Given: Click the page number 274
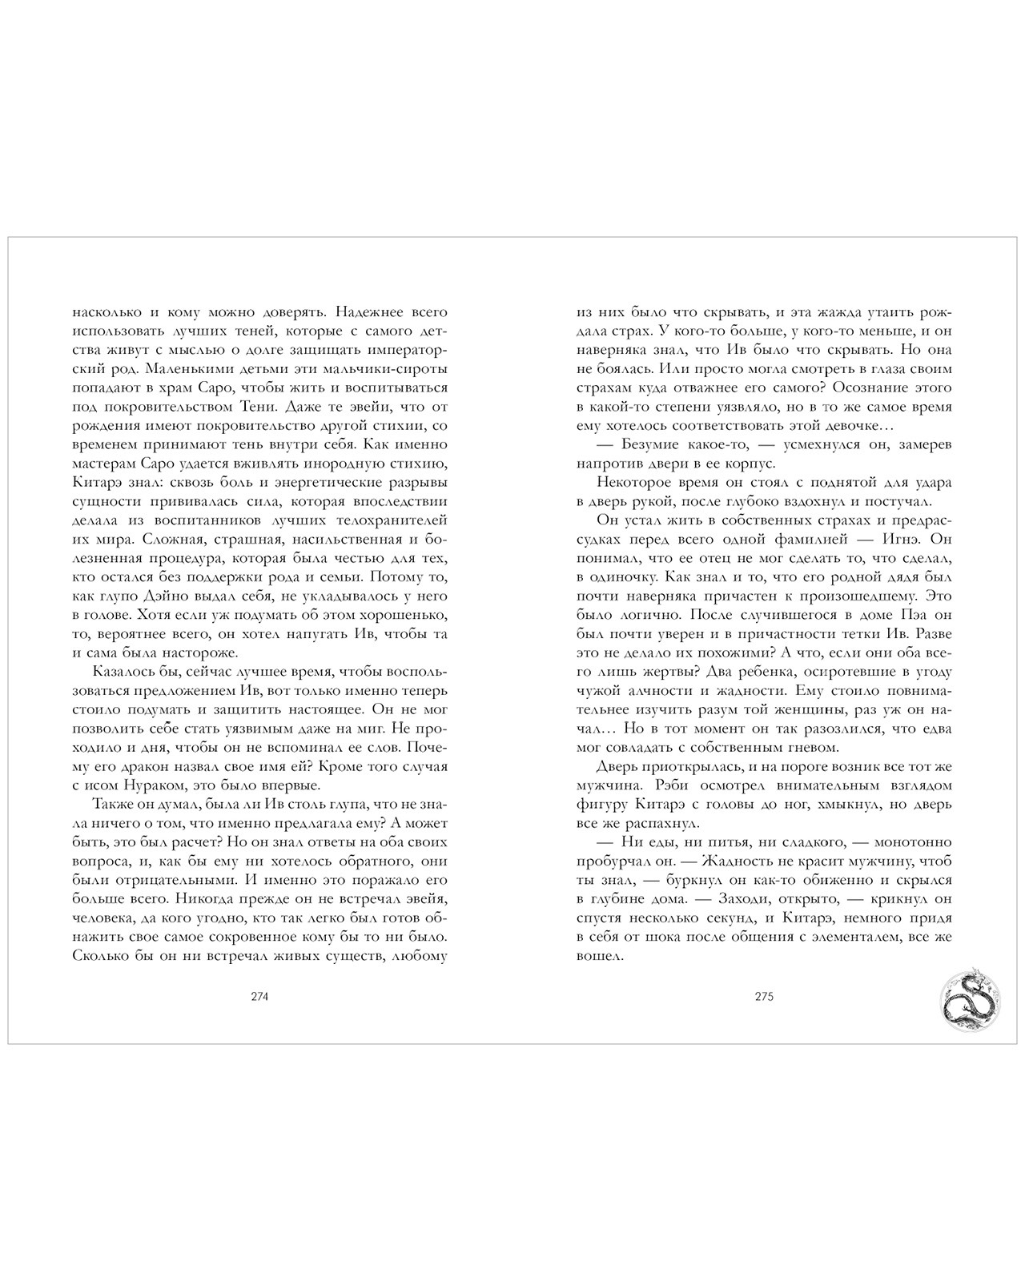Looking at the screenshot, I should click(x=259, y=998).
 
